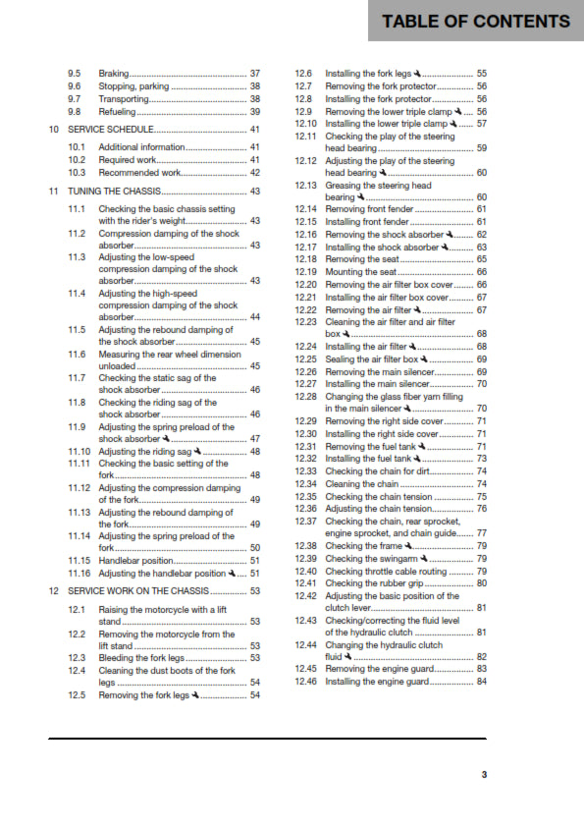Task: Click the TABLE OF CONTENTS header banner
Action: click(x=475, y=21)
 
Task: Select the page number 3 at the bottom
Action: click(x=484, y=775)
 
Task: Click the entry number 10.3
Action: click(x=78, y=173)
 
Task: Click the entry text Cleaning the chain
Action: click(x=363, y=483)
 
